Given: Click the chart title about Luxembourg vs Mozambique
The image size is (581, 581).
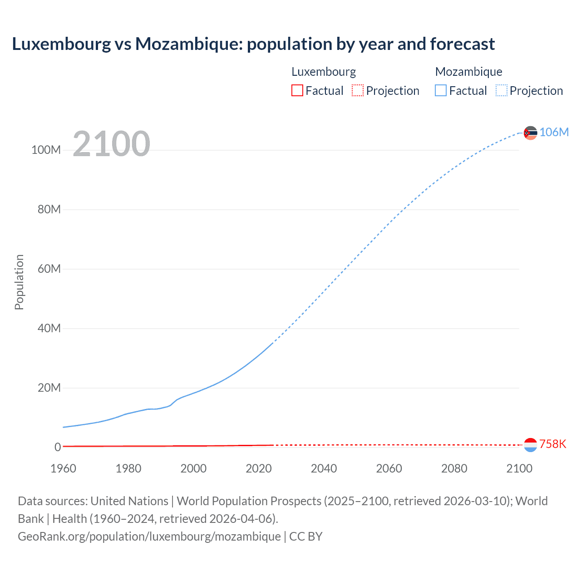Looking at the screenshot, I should point(253,44).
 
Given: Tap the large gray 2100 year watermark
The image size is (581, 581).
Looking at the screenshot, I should point(111,144).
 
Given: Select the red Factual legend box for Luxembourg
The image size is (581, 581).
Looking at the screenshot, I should point(297,90).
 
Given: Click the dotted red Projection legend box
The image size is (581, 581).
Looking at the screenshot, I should point(358,90).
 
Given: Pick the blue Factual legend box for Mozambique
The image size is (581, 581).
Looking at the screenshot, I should point(440,90).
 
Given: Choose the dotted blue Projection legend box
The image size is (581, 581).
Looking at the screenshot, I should point(501,90).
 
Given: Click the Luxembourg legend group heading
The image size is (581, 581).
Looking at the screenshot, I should point(323,72).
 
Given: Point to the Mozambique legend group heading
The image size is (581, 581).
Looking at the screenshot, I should point(468,72).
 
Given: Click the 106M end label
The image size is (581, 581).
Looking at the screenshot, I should point(554,132).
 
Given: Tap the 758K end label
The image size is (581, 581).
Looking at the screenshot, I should point(552,444).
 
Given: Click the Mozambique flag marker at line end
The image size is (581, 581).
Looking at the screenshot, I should point(530,133).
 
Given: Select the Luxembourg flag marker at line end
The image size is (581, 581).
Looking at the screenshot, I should point(530,445).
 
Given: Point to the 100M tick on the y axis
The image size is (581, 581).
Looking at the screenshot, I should point(46,150).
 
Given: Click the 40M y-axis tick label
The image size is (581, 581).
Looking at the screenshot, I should point(49,328).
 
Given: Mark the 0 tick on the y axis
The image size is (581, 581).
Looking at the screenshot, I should point(57,447).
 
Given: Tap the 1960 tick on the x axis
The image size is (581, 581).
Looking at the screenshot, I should point(63,468).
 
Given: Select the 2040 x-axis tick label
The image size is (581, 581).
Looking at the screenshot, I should point(324,468).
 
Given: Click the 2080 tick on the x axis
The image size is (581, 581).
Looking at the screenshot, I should point(454,468).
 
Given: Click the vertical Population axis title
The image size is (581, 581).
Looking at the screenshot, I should point(19,282).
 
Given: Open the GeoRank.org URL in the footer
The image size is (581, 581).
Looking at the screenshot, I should point(149,537).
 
